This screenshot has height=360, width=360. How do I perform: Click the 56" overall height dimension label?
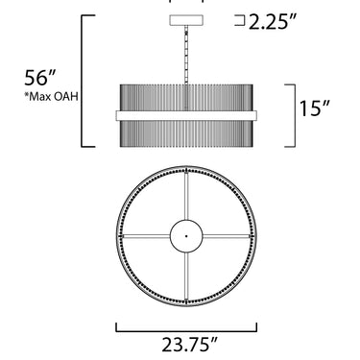point(40,78)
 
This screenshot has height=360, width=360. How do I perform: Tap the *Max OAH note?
point(52,97)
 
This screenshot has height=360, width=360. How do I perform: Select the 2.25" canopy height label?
point(273,22)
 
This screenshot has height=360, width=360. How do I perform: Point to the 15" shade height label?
point(315,108)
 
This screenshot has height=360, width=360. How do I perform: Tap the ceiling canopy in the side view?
point(186,20)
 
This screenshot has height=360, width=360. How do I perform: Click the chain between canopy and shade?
point(186,55)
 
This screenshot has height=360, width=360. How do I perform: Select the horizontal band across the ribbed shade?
point(186,115)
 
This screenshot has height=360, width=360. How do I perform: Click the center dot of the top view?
point(186,236)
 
